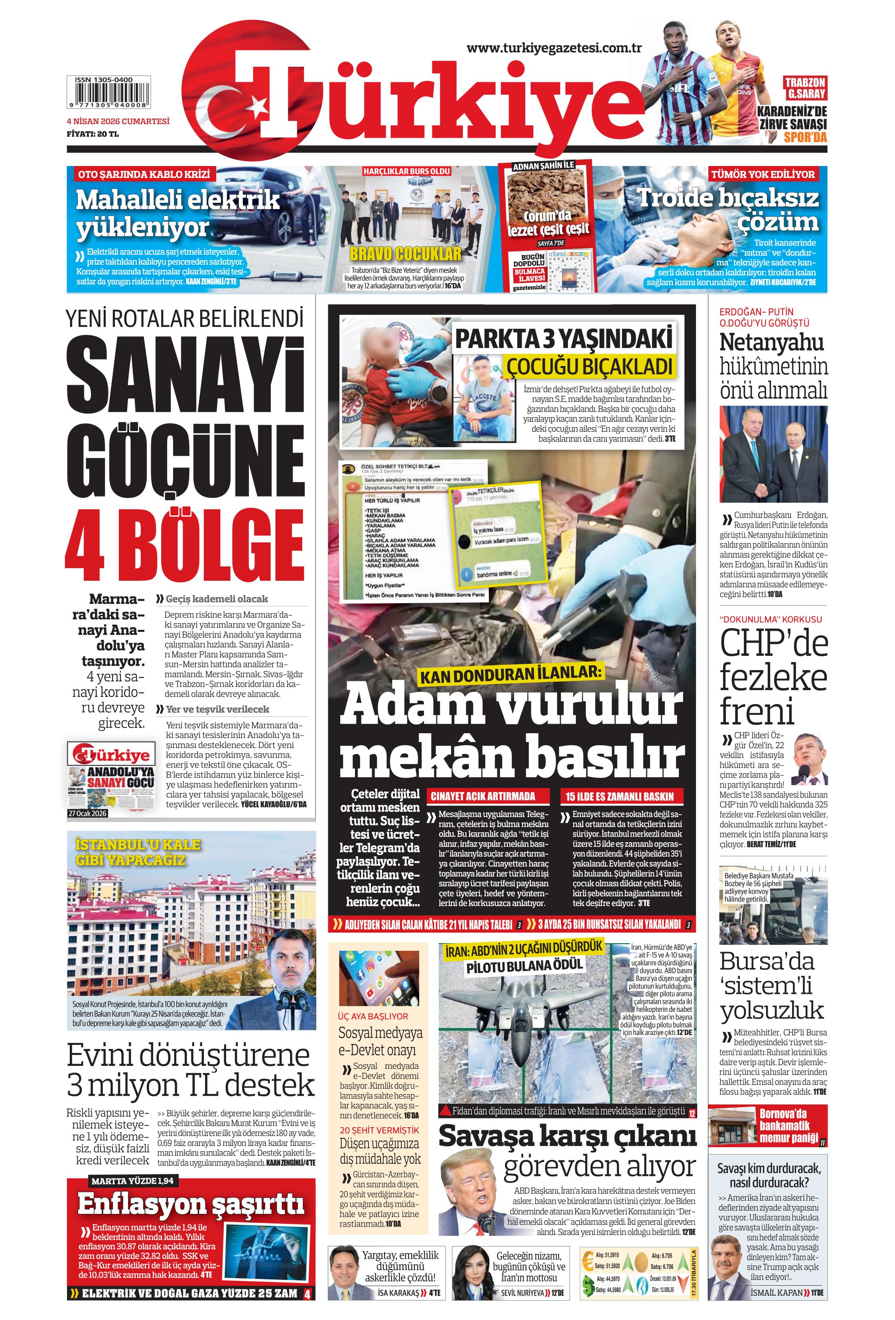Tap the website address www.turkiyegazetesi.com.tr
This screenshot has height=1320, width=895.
pyautogui.click(x=554, y=48)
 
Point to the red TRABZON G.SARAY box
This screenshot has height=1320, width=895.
pyautogui.click(x=805, y=88)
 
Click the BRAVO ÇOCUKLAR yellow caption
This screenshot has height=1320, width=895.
pyautogui.click(x=405, y=253)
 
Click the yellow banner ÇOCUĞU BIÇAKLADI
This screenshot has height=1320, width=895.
pyautogui.click(x=589, y=366)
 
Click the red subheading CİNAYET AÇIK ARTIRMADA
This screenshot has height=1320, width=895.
pyautogui.click(x=483, y=796)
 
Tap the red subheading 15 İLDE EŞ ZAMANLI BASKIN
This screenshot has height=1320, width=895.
pyautogui.click(x=619, y=796)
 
